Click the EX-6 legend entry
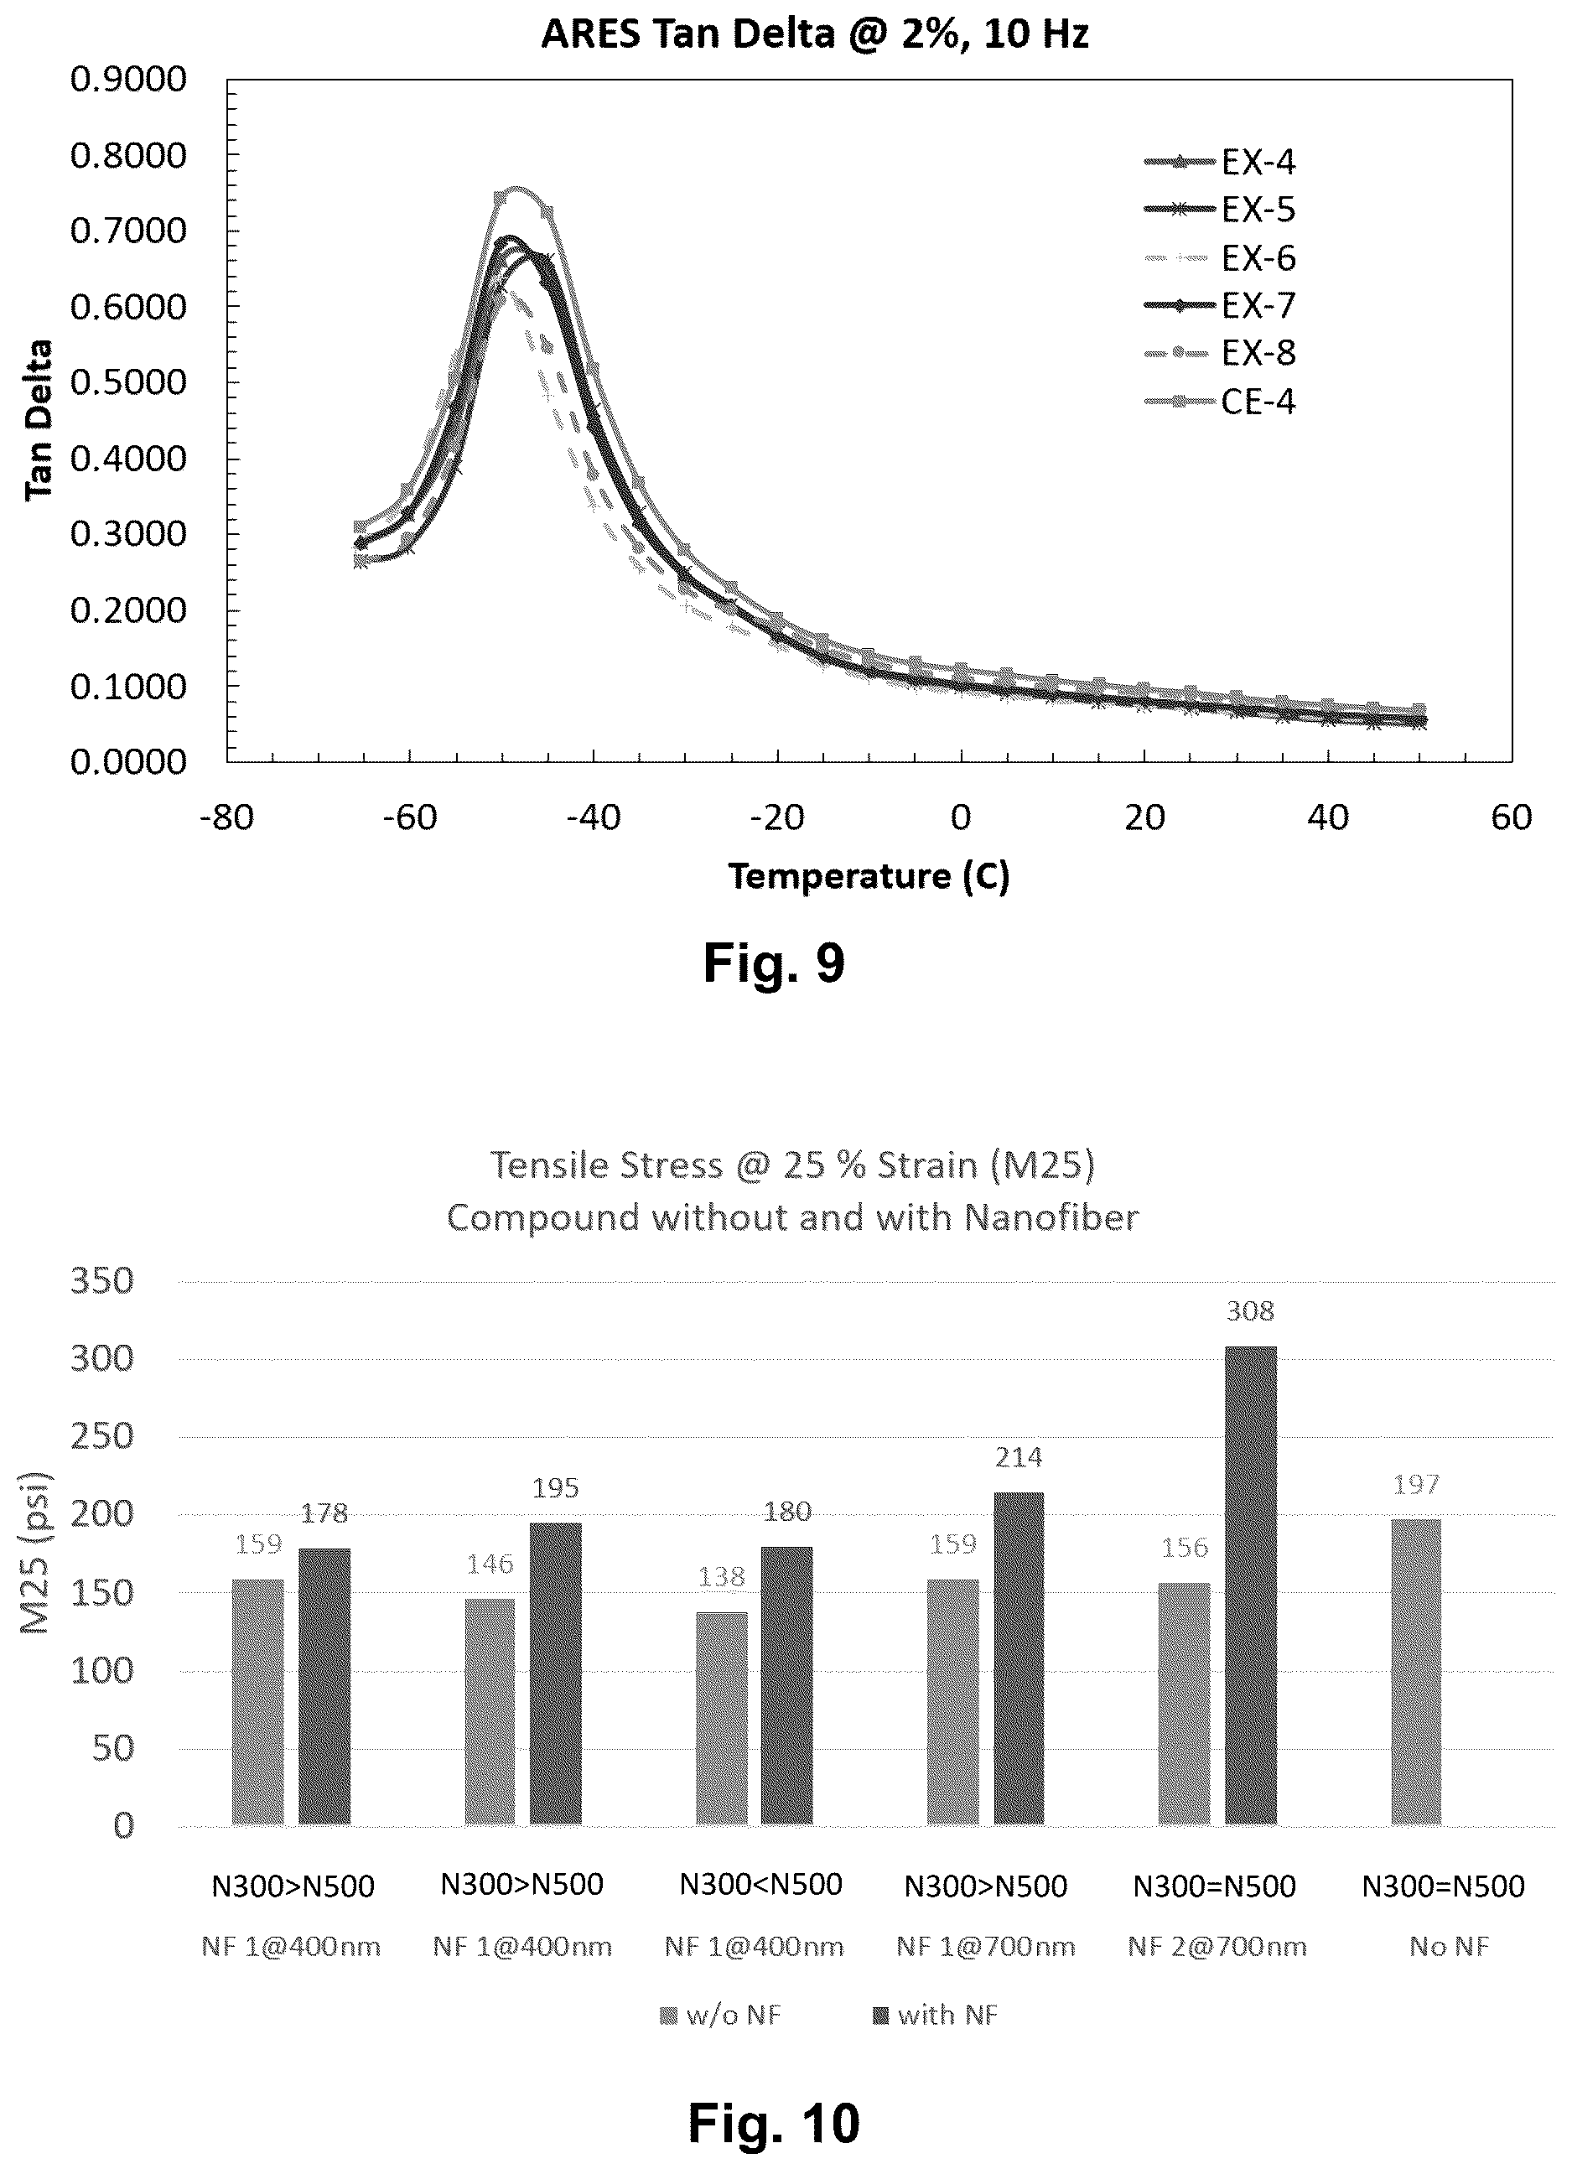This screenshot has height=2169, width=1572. click(x=1219, y=257)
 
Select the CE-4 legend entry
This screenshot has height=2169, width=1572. click(x=1219, y=401)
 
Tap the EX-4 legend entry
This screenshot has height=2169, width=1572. click(x=1219, y=162)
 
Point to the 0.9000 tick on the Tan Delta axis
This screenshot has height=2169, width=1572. click(x=128, y=79)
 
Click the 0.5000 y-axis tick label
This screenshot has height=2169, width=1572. click(x=128, y=381)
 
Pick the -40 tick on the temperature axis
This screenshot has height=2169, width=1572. click(x=593, y=817)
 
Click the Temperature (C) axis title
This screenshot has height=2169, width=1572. click(x=869, y=876)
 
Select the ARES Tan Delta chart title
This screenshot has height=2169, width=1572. click(x=815, y=34)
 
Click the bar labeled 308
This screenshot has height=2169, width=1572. click(x=1251, y=1585)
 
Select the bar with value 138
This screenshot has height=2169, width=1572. click(x=722, y=1719)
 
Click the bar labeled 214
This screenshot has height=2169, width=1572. click(x=1019, y=1658)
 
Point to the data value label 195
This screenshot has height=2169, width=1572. click(x=556, y=1488)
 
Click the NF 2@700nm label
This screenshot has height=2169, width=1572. click(x=1217, y=1947)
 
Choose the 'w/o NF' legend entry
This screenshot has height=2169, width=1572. click(x=721, y=2015)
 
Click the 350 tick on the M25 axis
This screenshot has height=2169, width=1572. click(x=102, y=1280)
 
